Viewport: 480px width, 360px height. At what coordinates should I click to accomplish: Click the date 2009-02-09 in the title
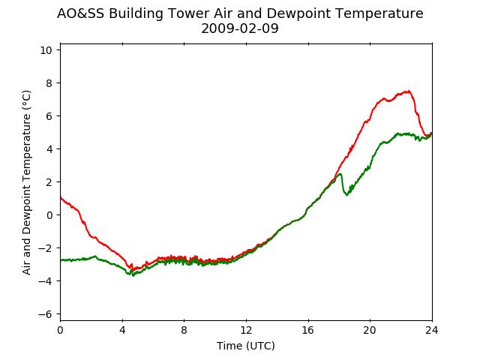pyautogui.click(x=240, y=28)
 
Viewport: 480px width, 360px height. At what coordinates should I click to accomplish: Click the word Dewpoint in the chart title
pyautogui.click(x=297, y=13)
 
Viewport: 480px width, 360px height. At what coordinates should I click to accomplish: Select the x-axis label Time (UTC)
pyautogui.click(x=246, y=346)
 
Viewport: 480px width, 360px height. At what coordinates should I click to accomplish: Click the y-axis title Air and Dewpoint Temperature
pyautogui.click(x=27, y=182)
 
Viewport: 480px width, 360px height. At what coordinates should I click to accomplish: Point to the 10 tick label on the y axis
pyautogui.click(x=46, y=50)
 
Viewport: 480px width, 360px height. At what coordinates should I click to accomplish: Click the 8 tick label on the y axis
pyautogui.click(x=49, y=83)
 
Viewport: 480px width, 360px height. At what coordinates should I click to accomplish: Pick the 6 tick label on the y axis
pyautogui.click(x=49, y=116)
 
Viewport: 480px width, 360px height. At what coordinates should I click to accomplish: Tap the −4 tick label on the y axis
pyautogui.click(x=45, y=281)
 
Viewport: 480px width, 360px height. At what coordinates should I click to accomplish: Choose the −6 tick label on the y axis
pyautogui.click(x=45, y=314)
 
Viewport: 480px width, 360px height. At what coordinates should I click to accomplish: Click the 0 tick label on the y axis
pyautogui.click(x=49, y=215)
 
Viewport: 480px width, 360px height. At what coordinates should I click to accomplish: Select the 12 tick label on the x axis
pyautogui.click(x=246, y=330)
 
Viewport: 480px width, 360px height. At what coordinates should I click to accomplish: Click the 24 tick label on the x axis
pyautogui.click(x=432, y=330)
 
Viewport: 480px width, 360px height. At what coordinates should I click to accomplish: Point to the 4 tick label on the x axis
pyautogui.click(x=122, y=330)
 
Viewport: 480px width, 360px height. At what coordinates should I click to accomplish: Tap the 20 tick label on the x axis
pyautogui.click(x=370, y=330)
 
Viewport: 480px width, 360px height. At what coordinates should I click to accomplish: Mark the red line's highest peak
pyautogui.click(x=408, y=91)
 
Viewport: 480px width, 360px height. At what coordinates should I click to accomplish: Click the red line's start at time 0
pyautogui.click(x=61, y=197)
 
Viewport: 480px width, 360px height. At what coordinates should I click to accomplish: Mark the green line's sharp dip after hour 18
pyautogui.click(x=346, y=195)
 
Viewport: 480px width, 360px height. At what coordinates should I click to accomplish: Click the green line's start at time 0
pyautogui.click(x=61, y=260)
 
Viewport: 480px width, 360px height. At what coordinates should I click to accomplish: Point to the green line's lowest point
pyautogui.click(x=133, y=275)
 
